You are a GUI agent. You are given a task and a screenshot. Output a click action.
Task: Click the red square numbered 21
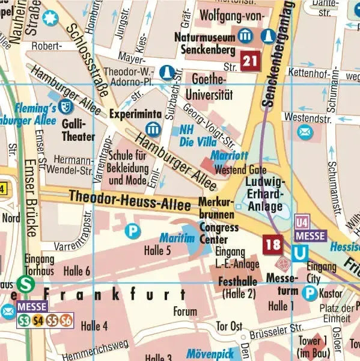(251, 60)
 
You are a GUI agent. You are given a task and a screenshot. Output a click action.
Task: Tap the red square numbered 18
(273, 244)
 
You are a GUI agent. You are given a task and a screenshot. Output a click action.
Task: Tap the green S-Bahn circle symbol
(25, 283)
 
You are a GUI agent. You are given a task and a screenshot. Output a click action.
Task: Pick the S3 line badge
(24, 321)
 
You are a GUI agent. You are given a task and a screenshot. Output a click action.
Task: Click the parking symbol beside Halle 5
(132, 230)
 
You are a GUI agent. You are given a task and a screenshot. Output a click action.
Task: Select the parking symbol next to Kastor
(310, 293)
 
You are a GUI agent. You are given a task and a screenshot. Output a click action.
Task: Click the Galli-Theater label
(78, 130)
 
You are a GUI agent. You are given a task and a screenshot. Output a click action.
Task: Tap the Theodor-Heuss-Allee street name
(129, 200)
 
